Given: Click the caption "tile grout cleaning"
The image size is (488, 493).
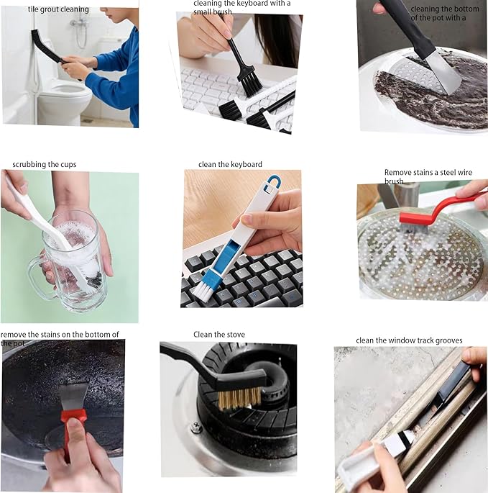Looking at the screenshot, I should point(58,9).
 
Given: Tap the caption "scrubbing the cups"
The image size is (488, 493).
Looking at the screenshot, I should point(44,164).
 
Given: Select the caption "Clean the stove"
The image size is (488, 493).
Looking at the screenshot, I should point(219,334).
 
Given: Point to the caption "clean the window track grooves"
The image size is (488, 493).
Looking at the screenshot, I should point(409,340).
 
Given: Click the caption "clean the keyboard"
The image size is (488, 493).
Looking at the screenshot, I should point(230,164).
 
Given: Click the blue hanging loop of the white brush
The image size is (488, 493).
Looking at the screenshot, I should point(272,185).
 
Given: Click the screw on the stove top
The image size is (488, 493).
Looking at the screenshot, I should point(196,427).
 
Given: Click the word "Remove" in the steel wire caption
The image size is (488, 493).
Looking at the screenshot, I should point(397,173).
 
